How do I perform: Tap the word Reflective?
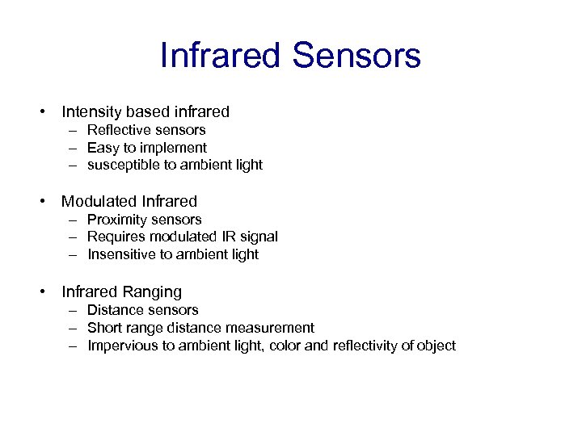120,130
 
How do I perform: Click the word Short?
103,328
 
